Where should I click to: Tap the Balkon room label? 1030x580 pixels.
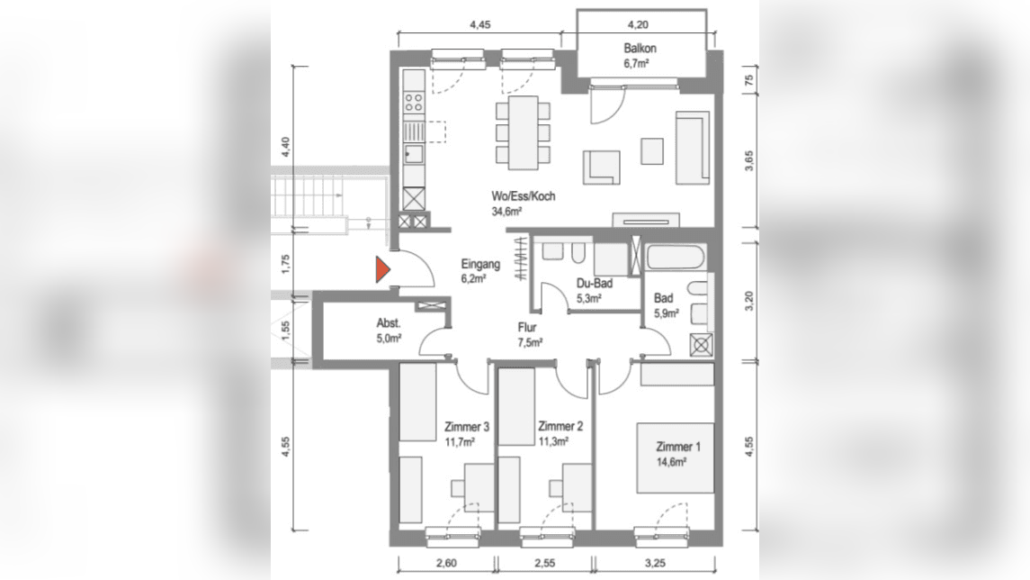pyautogui.click(x=640, y=48)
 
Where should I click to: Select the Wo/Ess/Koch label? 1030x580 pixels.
pyautogui.click(x=523, y=196)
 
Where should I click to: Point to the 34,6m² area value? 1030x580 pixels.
pyautogui.click(x=506, y=211)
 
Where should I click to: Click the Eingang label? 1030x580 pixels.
pyautogui.click(x=480, y=265)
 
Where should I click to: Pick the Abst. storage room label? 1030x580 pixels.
pyautogui.click(x=389, y=323)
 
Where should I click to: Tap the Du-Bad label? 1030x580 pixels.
pyautogui.click(x=595, y=284)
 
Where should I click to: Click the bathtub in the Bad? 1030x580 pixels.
pyautogui.click(x=676, y=257)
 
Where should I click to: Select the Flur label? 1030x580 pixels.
pyautogui.click(x=527, y=328)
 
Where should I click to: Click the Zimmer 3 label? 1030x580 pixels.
pyautogui.click(x=466, y=427)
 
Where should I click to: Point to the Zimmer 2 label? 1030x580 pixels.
pyautogui.click(x=560, y=426)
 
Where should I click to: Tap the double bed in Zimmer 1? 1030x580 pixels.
pyautogui.click(x=675, y=458)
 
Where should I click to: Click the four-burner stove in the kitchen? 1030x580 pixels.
pyautogui.click(x=414, y=102)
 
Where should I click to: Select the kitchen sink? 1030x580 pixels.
pyautogui.click(x=414, y=155)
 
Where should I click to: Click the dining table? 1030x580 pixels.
pyautogui.click(x=524, y=132)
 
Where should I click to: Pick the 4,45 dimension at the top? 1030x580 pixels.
pyautogui.click(x=480, y=25)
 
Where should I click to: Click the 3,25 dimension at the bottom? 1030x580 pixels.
pyautogui.click(x=655, y=564)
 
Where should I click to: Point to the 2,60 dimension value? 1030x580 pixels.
pyautogui.click(x=446, y=564)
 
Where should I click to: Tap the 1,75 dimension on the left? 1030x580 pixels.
pyautogui.click(x=285, y=264)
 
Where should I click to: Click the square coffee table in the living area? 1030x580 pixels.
pyautogui.click(x=653, y=150)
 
